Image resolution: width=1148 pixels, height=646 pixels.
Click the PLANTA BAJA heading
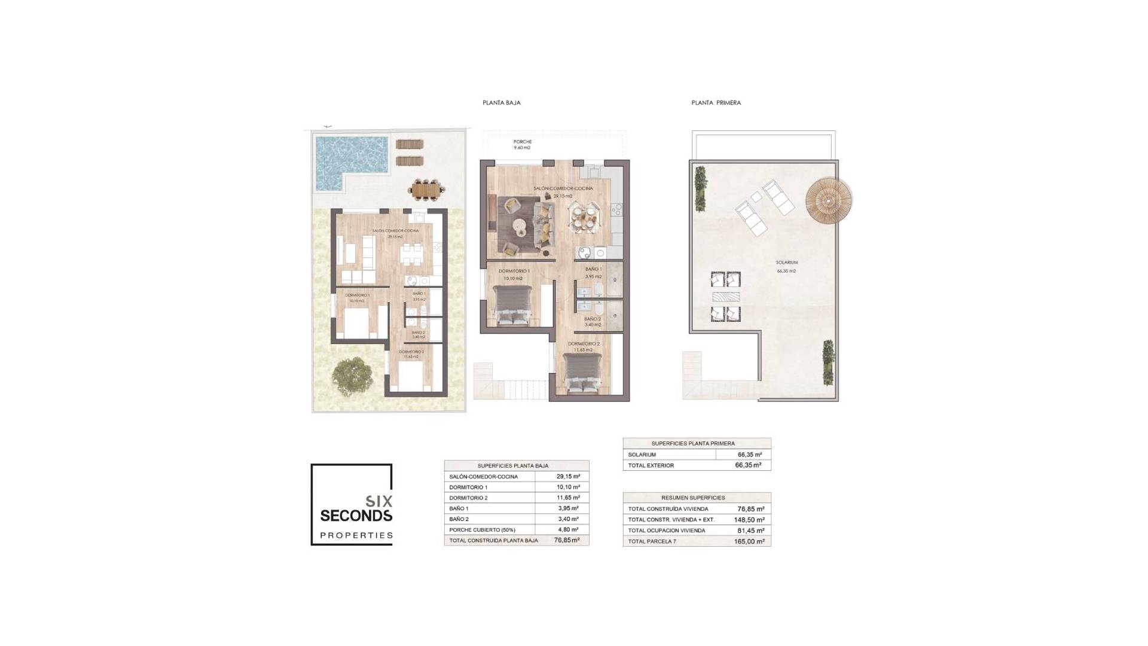(501, 103)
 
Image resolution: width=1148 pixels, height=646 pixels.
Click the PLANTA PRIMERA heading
(716, 103)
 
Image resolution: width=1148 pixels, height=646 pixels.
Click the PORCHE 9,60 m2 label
(522, 145)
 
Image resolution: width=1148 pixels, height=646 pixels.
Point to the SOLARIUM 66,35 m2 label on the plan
(786, 266)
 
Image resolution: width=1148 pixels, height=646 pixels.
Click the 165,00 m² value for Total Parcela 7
(750, 541)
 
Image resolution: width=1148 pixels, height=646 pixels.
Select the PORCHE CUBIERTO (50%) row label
(482, 530)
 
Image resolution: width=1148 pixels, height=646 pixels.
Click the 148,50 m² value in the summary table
(750, 520)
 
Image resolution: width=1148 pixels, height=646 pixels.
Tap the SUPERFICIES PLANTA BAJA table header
(512, 465)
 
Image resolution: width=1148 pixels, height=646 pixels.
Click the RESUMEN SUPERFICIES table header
(692, 498)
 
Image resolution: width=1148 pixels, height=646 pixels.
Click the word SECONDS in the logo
(356, 516)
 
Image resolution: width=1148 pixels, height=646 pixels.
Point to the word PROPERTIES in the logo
(356, 535)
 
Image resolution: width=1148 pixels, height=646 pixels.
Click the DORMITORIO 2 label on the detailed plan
(584, 344)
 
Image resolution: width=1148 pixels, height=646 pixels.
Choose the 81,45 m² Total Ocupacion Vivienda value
(750, 531)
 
